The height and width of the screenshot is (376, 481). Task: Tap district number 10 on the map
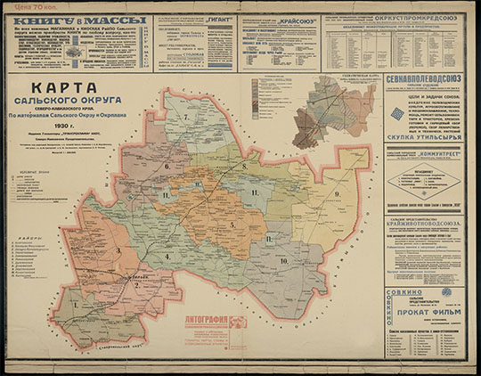click(284, 260)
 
